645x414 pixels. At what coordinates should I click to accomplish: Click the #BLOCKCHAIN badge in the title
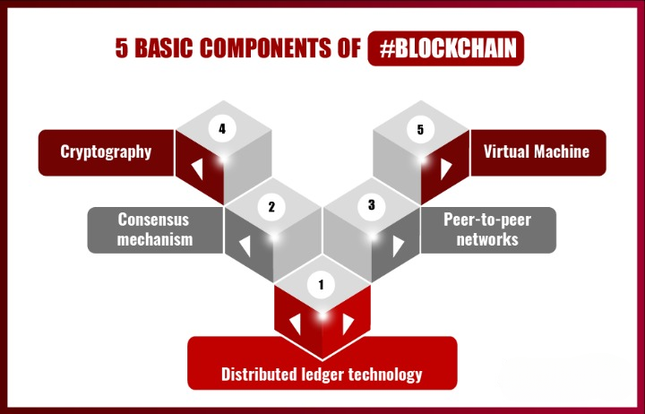pos(445,48)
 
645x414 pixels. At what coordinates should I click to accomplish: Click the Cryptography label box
pos(106,151)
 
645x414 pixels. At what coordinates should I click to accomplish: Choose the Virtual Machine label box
pos(537,151)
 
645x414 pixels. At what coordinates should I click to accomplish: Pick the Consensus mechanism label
pos(155,229)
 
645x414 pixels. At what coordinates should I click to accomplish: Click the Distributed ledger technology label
pos(322,373)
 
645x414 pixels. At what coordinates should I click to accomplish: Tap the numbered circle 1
pos(321,286)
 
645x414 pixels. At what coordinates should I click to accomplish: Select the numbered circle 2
pos(271,207)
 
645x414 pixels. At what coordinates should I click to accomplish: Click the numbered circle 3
pos(371,205)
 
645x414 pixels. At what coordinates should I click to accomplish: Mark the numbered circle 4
pos(221,129)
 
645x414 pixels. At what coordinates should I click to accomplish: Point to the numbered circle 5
pos(420,130)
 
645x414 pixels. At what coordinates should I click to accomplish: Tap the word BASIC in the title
pos(167,48)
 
